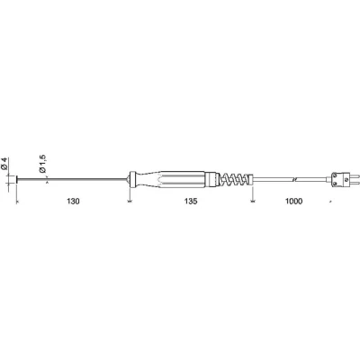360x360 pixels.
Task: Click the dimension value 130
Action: point(73,202)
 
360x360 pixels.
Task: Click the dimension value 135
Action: point(191,202)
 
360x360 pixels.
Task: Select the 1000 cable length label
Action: point(293,202)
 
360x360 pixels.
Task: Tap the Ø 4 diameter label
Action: point(4,164)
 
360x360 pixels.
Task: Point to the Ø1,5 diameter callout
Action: point(42,164)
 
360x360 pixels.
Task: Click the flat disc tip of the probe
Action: point(17,180)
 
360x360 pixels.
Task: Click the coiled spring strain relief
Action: point(235,180)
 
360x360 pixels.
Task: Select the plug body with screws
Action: point(337,180)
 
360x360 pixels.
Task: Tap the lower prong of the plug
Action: point(350,183)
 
